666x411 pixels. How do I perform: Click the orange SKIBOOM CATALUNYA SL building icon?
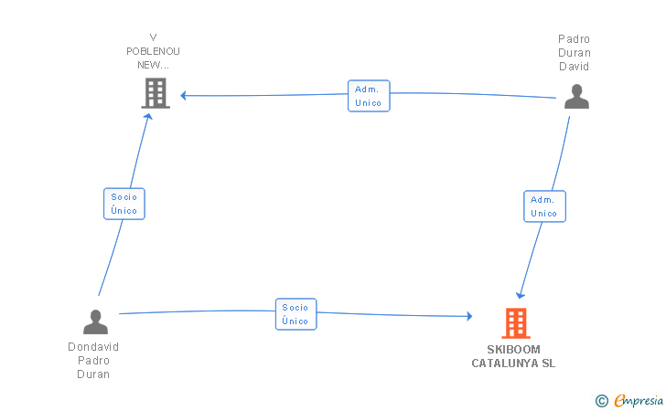(x=516, y=323)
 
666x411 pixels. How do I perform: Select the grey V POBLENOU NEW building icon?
(x=156, y=93)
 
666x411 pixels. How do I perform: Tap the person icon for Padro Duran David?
(x=576, y=96)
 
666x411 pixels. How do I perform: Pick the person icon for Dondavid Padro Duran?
(x=95, y=321)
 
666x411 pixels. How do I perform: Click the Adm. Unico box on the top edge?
(x=369, y=96)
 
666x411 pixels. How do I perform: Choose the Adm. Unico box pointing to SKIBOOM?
(x=544, y=206)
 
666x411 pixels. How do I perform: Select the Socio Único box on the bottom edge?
(x=296, y=314)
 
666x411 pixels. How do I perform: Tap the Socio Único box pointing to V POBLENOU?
(x=124, y=204)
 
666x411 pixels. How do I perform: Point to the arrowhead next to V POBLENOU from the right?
(x=183, y=95)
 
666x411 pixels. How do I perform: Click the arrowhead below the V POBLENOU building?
(x=148, y=116)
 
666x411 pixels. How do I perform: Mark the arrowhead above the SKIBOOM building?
(x=521, y=295)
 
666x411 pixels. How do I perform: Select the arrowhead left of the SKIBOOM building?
(x=470, y=316)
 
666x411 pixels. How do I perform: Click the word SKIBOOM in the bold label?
(x=513, y=350)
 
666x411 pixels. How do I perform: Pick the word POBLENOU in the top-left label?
(x=153, y=51)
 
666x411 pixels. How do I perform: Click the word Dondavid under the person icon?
(x=93, y=347)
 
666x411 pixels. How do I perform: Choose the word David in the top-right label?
(x=575, y=67)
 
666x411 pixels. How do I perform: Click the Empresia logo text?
(x=639, y=400)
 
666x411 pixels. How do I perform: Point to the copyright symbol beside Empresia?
(x=602, y=401)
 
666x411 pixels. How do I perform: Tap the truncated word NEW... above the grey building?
(x=153, y=66)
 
